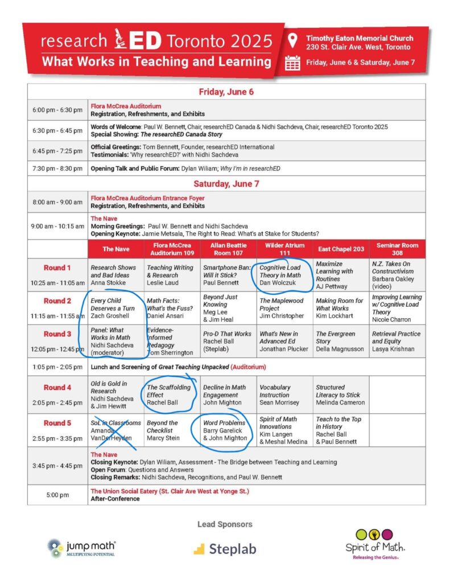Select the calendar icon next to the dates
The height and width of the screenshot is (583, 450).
[292, 63]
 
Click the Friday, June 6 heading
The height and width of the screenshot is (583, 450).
[226, 92]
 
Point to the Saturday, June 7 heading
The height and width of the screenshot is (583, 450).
[226, 183]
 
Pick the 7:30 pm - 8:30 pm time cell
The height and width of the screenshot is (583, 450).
[57, 169]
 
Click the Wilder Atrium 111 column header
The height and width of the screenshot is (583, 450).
[284, 249]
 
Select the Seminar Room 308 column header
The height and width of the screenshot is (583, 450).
[397, 249]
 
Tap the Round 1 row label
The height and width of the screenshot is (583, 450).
[57, 268]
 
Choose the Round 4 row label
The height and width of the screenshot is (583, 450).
[57, 387]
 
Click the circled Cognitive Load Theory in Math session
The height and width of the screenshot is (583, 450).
[282, 275]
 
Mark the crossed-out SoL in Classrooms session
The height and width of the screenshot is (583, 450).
[115, 430]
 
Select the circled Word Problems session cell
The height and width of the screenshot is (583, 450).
[226, 430]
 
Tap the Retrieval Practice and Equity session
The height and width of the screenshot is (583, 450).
[397, 341]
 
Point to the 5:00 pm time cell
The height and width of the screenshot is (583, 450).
[57, 495]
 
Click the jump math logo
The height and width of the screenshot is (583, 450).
[82, 548]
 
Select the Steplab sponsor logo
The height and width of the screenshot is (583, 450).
[225, 549]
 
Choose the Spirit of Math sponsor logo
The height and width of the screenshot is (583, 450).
[374, 544]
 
